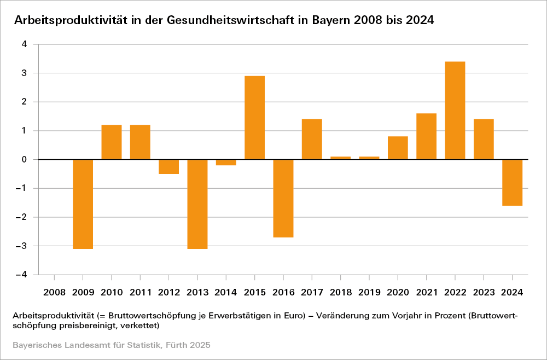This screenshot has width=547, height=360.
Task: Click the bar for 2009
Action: point(83,204)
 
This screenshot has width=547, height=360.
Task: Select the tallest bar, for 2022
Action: point(455,111)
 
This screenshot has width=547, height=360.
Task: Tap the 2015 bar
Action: point(254,118)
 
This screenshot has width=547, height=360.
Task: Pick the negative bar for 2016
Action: point(283,198)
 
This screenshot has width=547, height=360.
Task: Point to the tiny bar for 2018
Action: point(340,158)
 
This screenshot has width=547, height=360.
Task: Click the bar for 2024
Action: point(513,182)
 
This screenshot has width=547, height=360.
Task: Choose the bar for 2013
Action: point(197,204)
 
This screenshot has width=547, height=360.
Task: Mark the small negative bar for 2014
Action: point(226,162)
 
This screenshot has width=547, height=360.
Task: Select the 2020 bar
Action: point(398,148)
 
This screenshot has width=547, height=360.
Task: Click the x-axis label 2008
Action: point(54,292)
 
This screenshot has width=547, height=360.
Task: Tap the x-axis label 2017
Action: point(312,292)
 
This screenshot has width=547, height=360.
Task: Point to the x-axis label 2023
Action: point(484,292)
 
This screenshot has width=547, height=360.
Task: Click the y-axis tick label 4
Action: point(24,44)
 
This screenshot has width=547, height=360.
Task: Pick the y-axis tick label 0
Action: point(24,160)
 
